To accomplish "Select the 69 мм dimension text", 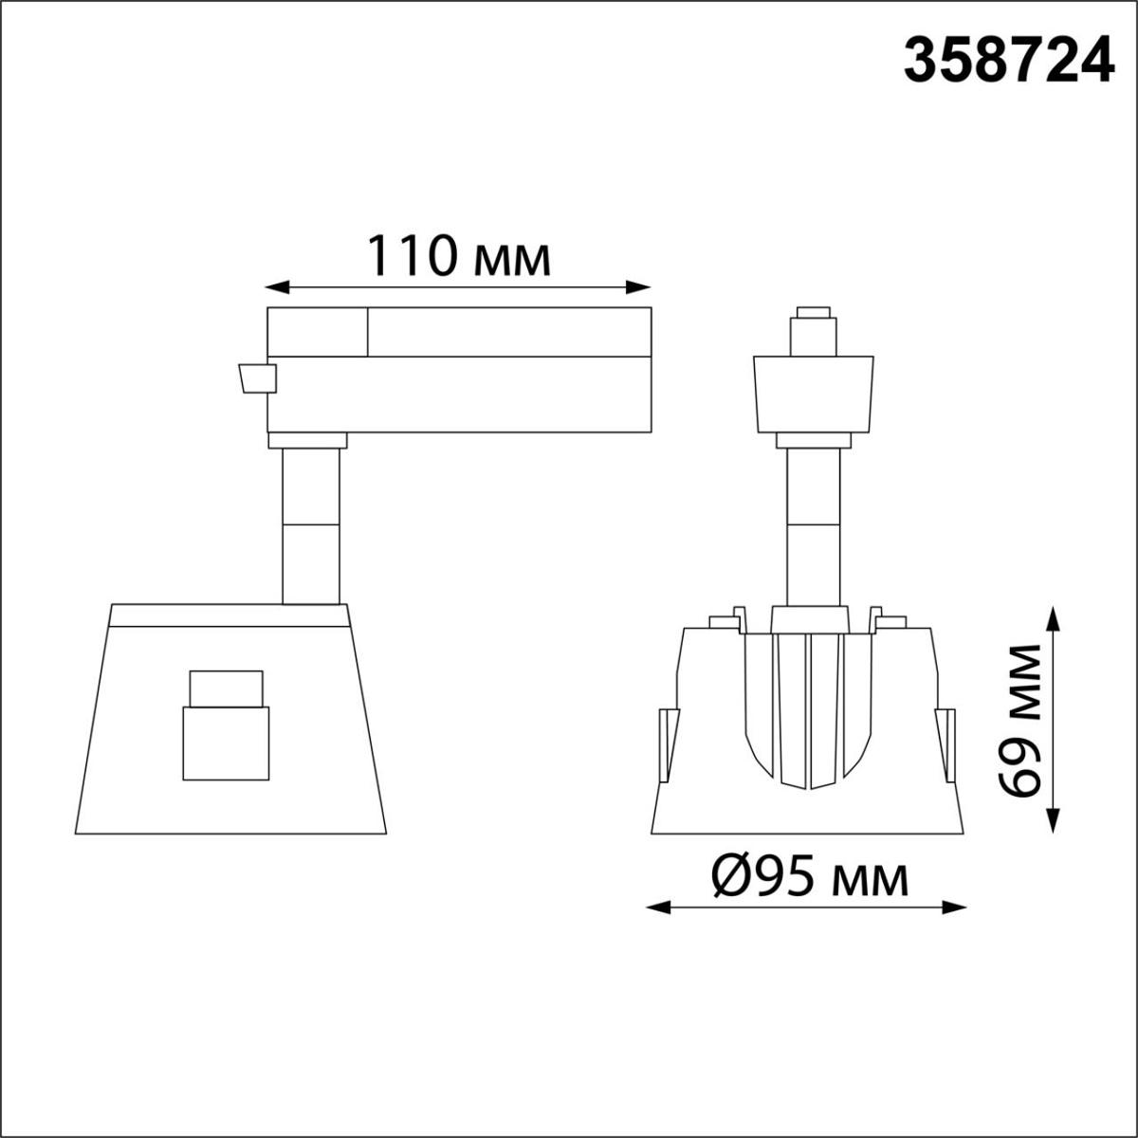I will [1021, 721].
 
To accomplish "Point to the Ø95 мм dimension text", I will [809, 879].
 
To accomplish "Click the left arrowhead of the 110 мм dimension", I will [271, 285].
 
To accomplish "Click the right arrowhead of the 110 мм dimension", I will [646, 285].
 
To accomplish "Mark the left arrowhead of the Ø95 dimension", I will [653, 908].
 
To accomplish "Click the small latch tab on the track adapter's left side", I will [256, 378].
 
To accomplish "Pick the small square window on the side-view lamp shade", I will [225, 725].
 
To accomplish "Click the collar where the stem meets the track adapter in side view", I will [307, 439].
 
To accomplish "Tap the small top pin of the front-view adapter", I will [813, 313].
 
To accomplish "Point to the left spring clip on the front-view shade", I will [669, 745].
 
